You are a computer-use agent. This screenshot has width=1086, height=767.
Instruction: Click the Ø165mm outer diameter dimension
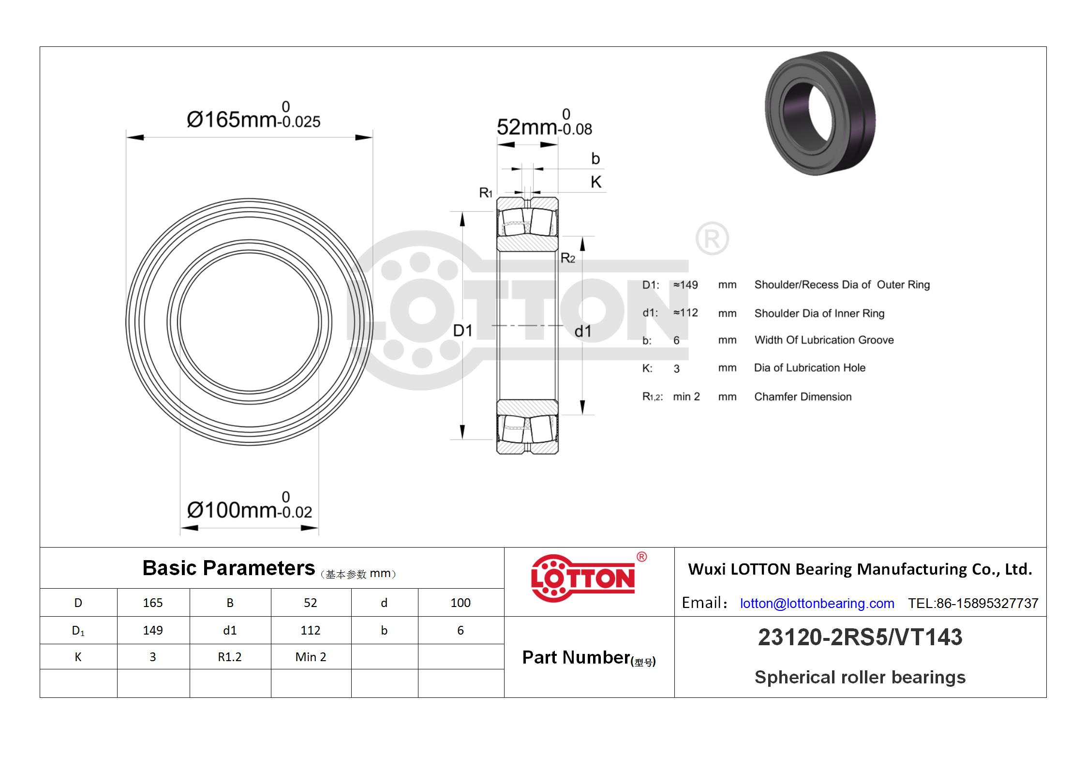(x=253, y=116)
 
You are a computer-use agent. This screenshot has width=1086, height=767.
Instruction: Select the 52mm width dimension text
(x=544, y=123)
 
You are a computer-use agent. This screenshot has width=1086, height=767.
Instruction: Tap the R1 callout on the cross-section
(x=486, y=193)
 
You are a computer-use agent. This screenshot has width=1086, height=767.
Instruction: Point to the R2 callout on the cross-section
(x=568, y=258)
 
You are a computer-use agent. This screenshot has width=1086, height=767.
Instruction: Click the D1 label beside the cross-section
(x=462, y=331)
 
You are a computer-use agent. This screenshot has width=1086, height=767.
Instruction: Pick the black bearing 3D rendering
(x=820, y=113)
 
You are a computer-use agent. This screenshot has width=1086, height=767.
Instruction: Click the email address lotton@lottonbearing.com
(x=817, y=603)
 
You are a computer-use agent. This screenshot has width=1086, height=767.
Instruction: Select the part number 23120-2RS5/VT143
(x=860, y=637)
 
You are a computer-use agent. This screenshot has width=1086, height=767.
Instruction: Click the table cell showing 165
(x=153, y=603)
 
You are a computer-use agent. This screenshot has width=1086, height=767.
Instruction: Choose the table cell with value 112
(x=311, y=630)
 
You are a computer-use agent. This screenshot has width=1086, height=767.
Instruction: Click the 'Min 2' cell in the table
(x=311, y=657)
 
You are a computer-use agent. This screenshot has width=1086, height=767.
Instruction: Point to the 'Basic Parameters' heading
(x=228, y=568)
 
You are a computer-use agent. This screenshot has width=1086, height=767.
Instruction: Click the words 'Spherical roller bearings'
(x=860, y=677)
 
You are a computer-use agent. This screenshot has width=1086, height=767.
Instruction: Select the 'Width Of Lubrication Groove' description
(x=824, y=340)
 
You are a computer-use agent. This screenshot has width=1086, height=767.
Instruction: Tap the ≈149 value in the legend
(x=685, y=285)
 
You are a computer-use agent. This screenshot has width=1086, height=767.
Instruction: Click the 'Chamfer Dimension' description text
(x=803, y=397)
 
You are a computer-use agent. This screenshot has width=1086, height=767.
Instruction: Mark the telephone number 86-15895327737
(x=987, y=603)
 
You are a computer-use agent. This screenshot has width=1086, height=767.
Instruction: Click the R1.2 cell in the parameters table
(x=230, y=657)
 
